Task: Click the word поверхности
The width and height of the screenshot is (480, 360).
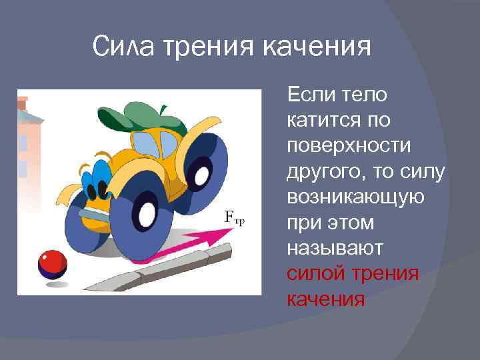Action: [340, 147]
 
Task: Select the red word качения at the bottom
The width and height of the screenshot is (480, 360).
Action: [326, 299]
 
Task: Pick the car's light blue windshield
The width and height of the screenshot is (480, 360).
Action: [152, 143]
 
